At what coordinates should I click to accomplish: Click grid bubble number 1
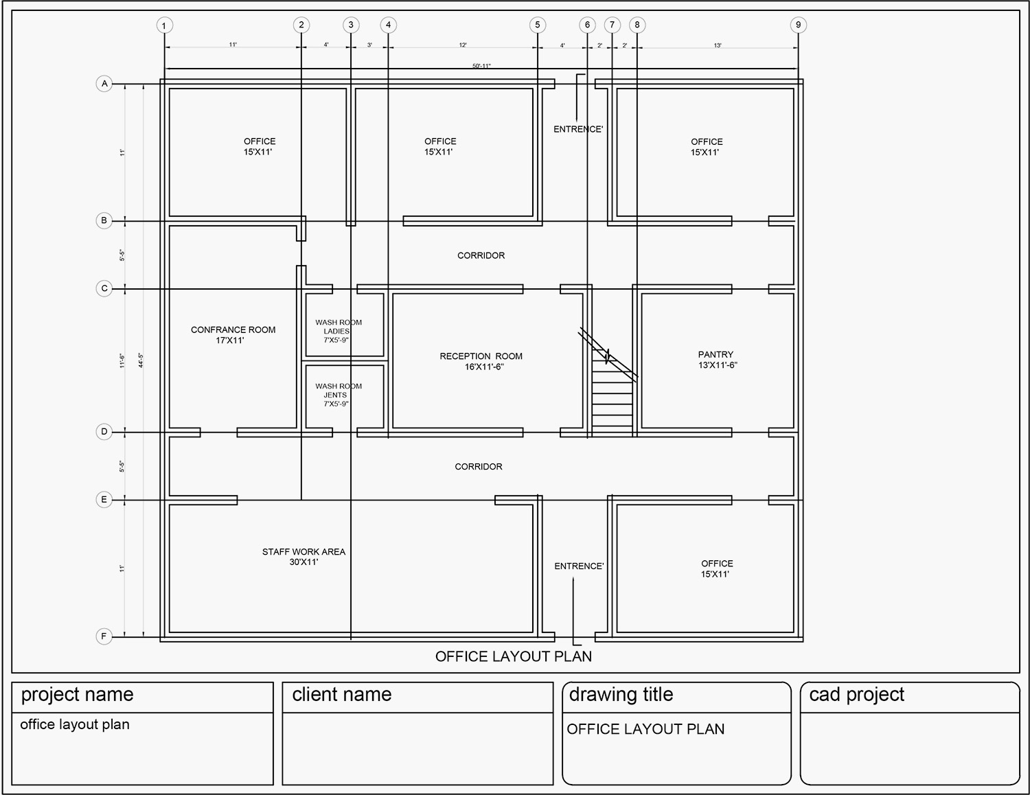[x=164, y=26]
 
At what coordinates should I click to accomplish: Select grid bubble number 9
[x=798, y=25]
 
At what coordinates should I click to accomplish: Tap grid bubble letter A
[x=104, y=84]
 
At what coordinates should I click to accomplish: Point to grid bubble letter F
[x=104, y=636]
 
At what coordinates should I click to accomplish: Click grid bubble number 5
[x=537, y=25]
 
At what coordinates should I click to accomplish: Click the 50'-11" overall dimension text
[x=481, y=66]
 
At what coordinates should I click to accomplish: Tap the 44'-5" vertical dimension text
[x=141, y=360]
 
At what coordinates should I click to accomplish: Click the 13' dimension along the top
[x=718, y=45]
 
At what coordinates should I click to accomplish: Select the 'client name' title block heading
[x=341, y=695]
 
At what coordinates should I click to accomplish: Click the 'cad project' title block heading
[x=856, y=695]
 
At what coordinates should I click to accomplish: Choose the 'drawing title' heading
[x=621, y=695]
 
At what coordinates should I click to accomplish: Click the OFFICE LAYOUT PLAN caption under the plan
[x=513, y=656]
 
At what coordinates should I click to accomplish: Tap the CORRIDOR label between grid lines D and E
[x=478, y=467]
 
